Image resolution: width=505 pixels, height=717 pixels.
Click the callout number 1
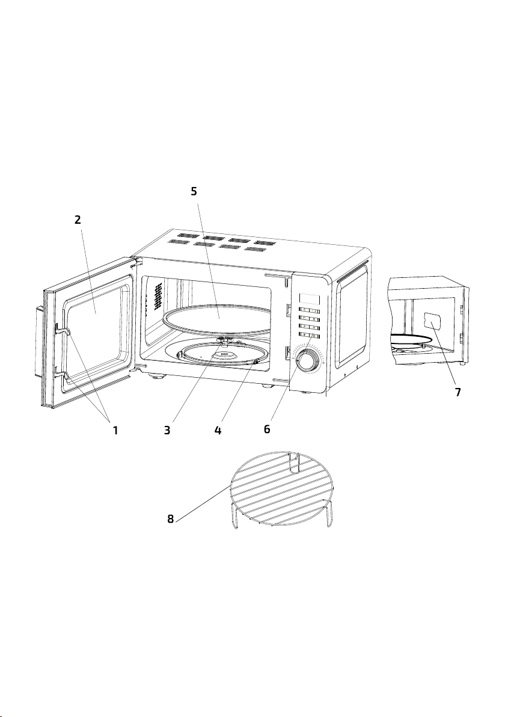coord(115,430)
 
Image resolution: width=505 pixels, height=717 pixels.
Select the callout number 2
coord(78,220)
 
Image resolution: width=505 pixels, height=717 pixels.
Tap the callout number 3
coord(167,430)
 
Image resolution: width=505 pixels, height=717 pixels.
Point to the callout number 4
coord(218,430)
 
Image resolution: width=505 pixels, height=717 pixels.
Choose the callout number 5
coord(194,191)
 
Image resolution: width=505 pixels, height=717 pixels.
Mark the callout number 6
coord(268,429)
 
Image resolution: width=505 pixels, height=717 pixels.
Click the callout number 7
coord(458,392)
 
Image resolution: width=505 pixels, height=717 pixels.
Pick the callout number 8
coord(171,519)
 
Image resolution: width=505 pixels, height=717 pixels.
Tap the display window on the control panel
coord(309,299)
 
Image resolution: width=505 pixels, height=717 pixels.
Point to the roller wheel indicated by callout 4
coord(254,362)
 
